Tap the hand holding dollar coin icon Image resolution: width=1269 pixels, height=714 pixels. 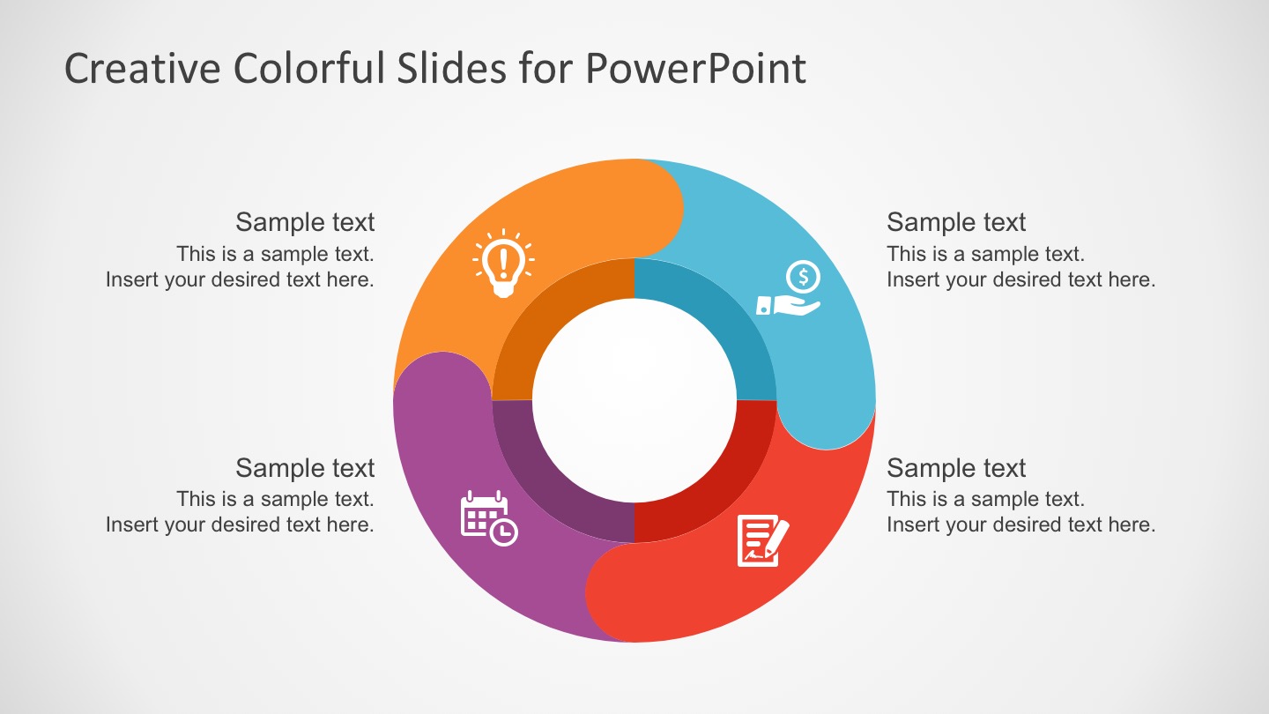[789, 290]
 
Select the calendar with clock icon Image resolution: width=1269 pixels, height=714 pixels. [489, 518]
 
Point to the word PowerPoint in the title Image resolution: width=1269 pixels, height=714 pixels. [695, 69]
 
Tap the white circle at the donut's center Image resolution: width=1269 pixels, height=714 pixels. [634, 400]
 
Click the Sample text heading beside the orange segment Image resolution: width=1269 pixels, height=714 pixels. [305, 222]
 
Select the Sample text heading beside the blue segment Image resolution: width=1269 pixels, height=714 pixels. [956, 222]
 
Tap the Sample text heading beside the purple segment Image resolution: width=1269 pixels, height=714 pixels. [305, 467]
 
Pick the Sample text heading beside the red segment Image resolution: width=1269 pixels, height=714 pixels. [956, 467]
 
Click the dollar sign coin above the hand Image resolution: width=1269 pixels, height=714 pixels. [803, 277]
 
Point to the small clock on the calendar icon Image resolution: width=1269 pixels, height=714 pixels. [504, 532]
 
